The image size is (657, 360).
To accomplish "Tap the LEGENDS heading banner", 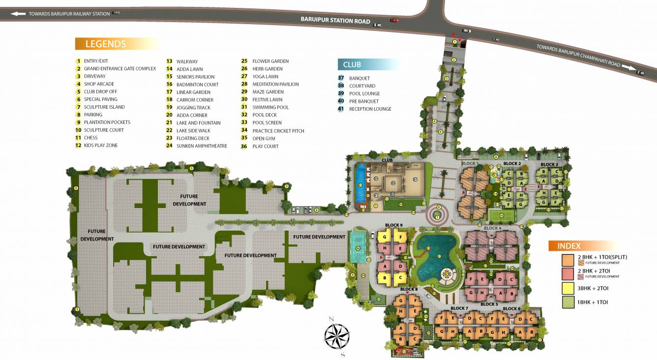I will pos(105,44).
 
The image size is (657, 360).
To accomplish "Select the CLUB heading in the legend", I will pos(352,64).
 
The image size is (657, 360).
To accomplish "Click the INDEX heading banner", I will pos(569,246).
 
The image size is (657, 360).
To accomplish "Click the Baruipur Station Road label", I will pos(335,21).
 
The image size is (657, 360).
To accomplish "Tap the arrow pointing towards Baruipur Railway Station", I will pos(18,14).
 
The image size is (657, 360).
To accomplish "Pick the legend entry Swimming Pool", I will pos(270,107).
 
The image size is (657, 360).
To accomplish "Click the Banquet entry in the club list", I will pos(359,78).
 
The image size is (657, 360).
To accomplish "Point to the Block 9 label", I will pos(393,225).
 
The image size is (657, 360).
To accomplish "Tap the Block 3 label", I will pos(549,164).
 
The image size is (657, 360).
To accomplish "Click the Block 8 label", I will pos(409,289).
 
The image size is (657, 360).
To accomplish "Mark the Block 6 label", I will pos(512,309).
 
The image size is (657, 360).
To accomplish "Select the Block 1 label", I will pos(470,163).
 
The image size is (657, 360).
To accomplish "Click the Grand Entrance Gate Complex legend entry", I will pos(120,69).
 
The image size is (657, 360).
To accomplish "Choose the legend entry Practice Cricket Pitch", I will pos(278,131).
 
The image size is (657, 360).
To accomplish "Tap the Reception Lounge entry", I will pos(370,109).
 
